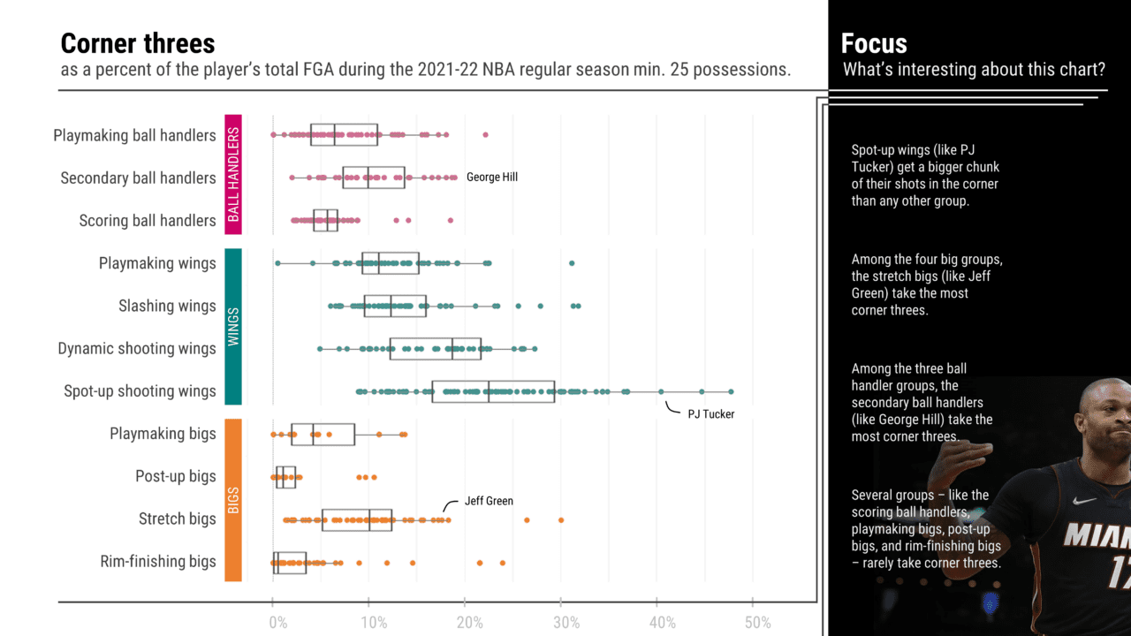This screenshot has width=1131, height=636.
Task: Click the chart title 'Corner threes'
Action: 137,43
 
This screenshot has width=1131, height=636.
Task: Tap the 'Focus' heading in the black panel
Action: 874,43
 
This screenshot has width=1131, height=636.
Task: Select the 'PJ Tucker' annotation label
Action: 710,413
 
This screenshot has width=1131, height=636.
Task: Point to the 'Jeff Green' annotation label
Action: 489,501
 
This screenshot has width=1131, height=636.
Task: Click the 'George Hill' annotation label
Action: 492,177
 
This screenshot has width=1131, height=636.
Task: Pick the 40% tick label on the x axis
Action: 663,623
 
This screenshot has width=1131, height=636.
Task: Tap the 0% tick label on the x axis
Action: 277,623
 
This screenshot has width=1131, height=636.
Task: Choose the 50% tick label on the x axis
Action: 758,623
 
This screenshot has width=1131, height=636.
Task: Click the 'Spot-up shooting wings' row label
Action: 140,390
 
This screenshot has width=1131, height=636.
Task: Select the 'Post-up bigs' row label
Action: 175,476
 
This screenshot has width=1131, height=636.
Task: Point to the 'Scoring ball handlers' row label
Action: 147,220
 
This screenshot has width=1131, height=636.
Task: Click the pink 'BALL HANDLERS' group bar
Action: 233,174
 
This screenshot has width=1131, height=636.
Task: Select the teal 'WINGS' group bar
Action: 233,326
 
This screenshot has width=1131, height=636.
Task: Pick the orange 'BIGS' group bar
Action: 233,499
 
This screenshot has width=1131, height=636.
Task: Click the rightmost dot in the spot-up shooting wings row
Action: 731,391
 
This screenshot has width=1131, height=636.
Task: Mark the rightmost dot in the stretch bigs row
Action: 561,519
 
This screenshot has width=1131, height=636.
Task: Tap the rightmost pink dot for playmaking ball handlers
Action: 485,135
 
